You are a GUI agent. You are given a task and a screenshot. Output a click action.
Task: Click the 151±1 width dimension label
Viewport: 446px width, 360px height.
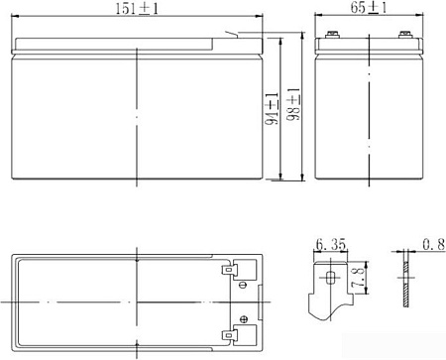[x=139, y=10]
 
